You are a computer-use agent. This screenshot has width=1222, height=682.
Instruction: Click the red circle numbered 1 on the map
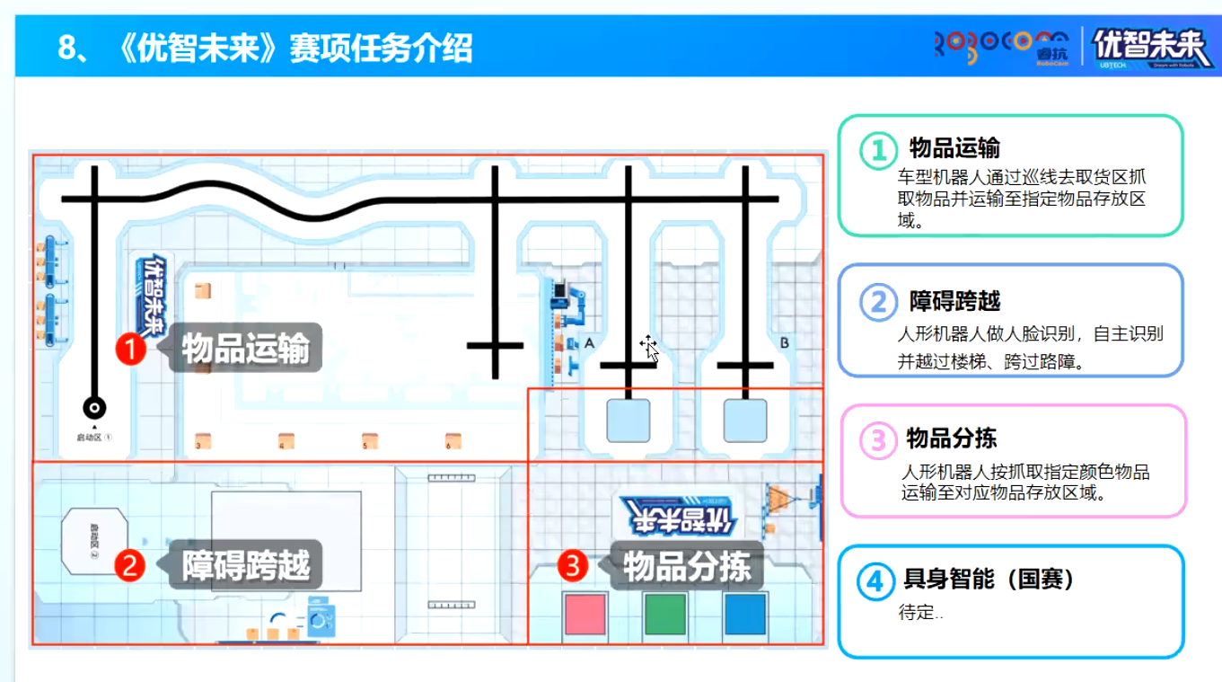point(132,348)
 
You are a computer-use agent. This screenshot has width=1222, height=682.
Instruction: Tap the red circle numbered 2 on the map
point(130,565)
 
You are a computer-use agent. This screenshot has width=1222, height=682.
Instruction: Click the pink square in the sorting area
point(585,615)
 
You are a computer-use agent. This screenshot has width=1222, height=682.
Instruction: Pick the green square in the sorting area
point(665,615)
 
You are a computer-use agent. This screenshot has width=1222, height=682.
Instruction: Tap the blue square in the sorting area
point(745,615)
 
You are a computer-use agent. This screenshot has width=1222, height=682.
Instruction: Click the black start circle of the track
point(94,408)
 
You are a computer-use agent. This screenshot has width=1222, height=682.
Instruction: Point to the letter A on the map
point(589,343)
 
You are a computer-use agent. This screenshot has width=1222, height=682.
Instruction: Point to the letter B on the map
point(784,343)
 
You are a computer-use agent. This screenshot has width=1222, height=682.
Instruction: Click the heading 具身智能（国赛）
point(989,580)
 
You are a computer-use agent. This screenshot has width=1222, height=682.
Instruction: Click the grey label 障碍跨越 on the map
point(246,565)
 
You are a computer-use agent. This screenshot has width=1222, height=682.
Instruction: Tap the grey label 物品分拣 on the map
point(687,565)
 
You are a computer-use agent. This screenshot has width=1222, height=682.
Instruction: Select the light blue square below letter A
point(628,421)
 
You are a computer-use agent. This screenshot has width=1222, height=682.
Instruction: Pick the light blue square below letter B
point(745,421)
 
